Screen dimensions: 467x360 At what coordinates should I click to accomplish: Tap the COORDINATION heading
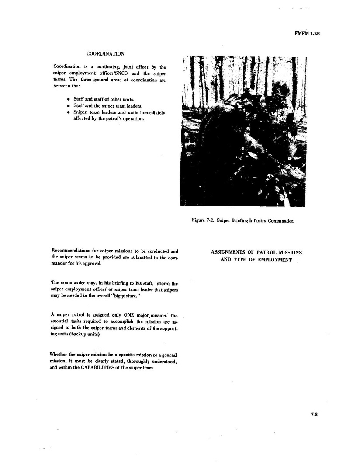point(105,54)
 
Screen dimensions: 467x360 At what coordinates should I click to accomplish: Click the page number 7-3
point(314,415)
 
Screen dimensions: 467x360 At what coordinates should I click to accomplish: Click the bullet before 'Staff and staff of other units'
point(68,99)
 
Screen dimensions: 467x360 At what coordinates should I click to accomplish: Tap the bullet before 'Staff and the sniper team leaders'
point(68,106)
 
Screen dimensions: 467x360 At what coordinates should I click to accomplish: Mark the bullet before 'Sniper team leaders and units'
point(68,112)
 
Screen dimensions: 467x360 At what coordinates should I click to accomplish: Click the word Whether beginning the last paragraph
point(60,354)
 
